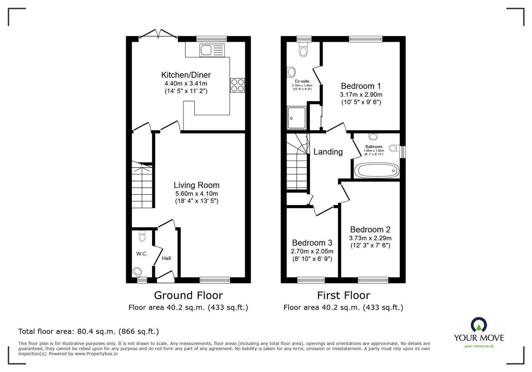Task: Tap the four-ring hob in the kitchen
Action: coord(237,85)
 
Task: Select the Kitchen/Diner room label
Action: coord(186,75)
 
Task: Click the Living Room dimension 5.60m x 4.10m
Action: coord(197,193)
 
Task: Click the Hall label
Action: coord(166,258)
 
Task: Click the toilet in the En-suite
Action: coord(303,51)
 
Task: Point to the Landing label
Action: coord(328,152)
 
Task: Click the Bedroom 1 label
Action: coord(361,86)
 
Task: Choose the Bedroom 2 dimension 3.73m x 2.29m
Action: coord(370,238)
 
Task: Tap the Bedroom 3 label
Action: coord(312,243)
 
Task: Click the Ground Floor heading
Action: coord(188,295)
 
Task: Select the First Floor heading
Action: coord(343,295)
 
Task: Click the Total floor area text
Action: coord(88,331)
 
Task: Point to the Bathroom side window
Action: coord(403,152)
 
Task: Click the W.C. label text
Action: coord(142,254)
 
